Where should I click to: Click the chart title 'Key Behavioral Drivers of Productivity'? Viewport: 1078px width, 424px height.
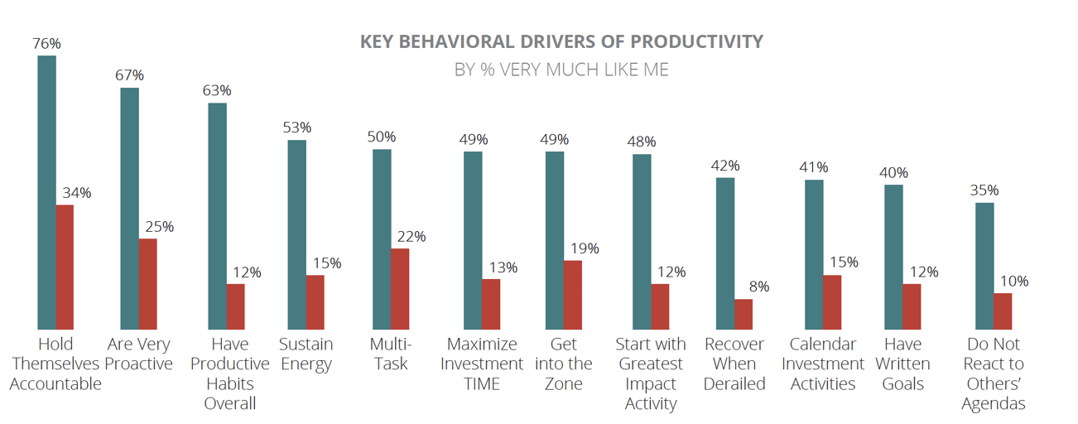click(x=561, y=41)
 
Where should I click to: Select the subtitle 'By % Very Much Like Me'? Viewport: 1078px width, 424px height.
click(x=561, y=70)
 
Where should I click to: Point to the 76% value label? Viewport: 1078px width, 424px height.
click(x=47, y=43)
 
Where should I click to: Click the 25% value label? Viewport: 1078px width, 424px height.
click(x=159, y=226)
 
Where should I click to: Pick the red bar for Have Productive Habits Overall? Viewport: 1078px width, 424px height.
click(x=236, y=306)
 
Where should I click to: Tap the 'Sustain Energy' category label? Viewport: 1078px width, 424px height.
click(x=306, y=354)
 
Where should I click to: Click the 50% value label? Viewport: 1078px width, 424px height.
click(x=382, y=137)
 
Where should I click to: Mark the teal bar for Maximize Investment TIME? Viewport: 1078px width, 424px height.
click(x=473, y=240)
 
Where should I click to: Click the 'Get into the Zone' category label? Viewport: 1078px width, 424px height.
click(x=564, y=364)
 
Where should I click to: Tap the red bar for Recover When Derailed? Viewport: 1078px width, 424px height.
click(x=744, y=314)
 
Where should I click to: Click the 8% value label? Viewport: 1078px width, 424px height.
click(x=759, y=287)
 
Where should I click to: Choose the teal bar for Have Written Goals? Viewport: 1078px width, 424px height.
click(x=893, y=257)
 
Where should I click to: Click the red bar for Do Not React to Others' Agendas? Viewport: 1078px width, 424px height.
click(x=1003, y=311)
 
